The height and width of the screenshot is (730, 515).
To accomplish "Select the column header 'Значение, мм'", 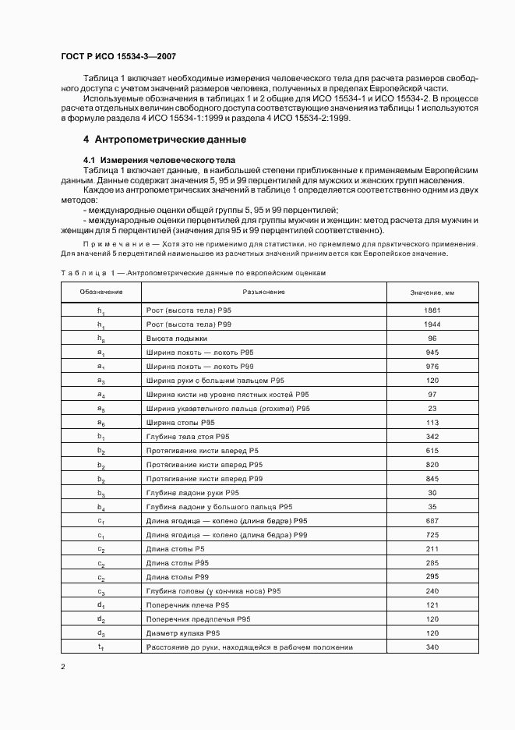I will click(x=432, y=292).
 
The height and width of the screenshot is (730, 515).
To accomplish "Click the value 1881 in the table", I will click(x=432, y=310).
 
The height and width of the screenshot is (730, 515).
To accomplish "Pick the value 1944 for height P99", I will click(x=432, y=324).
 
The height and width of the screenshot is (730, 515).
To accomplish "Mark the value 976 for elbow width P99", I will click(x=432, y=367).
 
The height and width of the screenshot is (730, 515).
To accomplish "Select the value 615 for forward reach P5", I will click(x=432, y=451).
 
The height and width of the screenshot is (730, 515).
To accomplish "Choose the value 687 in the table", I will click(x=432, y=521).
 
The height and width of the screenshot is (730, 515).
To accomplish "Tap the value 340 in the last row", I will click(x=432, y=647).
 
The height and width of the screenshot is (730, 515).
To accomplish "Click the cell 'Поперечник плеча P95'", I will click(x=187, y=605).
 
